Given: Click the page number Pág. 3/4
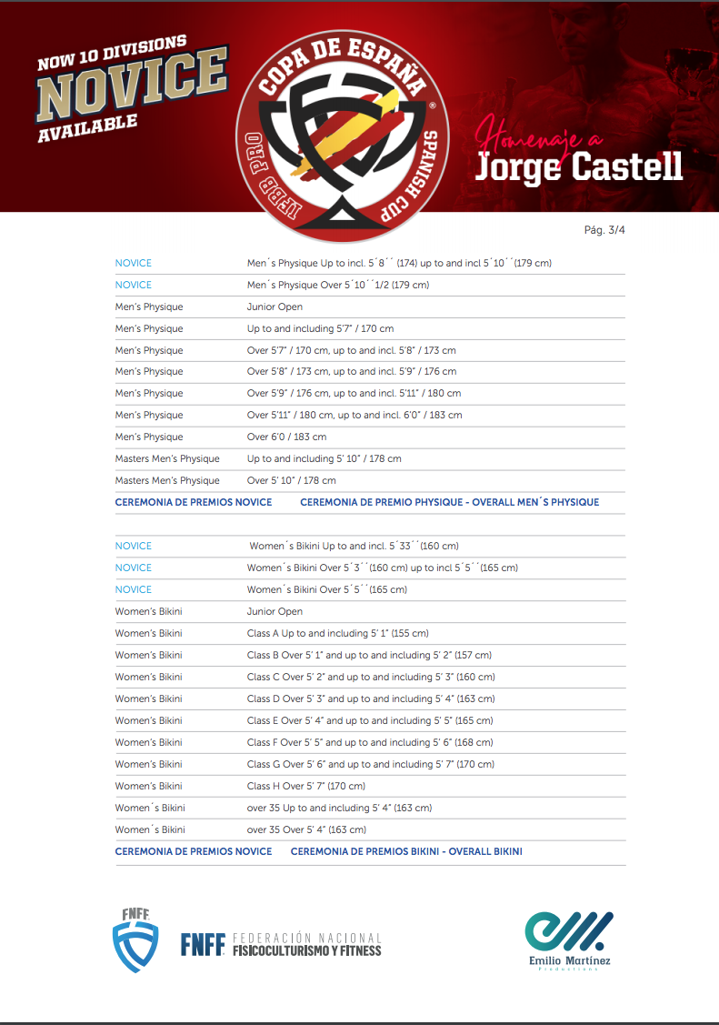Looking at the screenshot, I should click(604, 230).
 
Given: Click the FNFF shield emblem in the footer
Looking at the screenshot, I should click(135, 940).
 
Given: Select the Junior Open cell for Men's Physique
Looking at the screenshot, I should click(275, 306).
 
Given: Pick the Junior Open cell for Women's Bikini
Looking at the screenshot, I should click(275, 611).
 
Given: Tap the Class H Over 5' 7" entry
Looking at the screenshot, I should click(305, 786).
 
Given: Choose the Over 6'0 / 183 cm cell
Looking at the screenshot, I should click(286, 437).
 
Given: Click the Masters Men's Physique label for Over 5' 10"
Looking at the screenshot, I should click(167, 480).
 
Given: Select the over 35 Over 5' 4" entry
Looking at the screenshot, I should click(306, 829).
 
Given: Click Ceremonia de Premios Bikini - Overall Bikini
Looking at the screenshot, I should click(406, 851).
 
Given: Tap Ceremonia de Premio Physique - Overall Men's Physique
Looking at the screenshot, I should click(449, 502).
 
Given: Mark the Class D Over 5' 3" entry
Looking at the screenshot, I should click(370, 698).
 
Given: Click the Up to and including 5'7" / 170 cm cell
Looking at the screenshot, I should click(320, 328).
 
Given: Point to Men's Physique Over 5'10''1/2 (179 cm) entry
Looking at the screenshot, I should click(338, 285).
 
